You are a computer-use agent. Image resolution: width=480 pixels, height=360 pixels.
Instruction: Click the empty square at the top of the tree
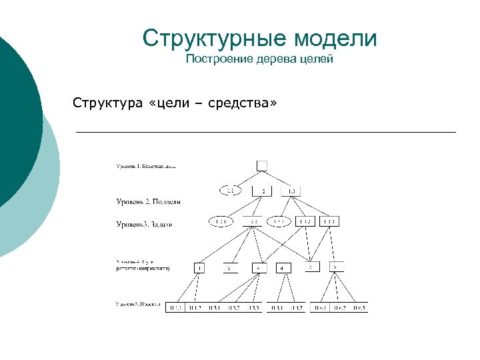262,165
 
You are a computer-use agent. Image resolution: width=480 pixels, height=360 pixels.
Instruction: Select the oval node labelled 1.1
231,191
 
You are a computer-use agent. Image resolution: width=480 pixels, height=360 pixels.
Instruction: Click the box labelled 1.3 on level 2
291,191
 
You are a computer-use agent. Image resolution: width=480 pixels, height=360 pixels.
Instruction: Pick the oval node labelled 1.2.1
221,221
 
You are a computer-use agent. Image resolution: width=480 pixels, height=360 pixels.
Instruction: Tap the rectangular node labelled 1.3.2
305,221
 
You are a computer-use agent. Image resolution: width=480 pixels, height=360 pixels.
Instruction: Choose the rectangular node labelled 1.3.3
330,221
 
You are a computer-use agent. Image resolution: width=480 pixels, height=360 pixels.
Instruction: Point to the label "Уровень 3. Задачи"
145,225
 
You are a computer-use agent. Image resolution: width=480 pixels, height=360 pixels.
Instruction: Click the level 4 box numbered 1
199,268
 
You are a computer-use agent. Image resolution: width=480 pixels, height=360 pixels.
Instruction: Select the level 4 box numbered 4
283,268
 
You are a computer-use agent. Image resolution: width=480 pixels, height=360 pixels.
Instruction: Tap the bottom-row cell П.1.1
176,307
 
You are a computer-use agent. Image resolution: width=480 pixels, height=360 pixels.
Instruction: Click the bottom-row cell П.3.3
254,307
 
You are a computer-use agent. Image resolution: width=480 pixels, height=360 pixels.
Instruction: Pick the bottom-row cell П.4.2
295,307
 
